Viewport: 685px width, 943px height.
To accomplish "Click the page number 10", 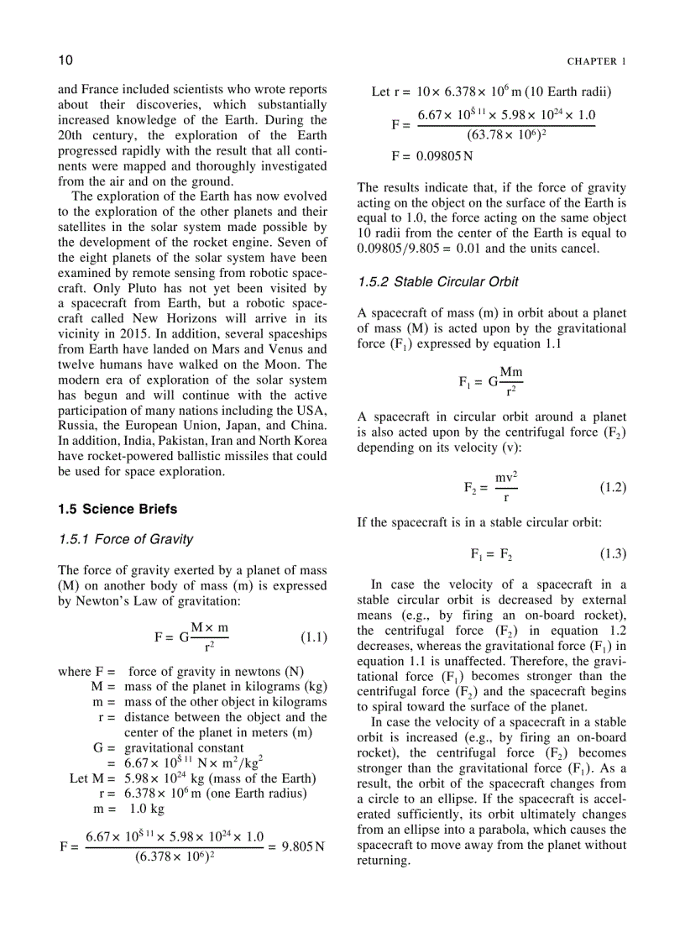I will click(x=66, y=60).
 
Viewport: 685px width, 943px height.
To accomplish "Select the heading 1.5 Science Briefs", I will click(x=118, y=509).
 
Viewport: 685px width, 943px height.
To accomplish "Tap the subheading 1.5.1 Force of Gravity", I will click(x=126, y=539).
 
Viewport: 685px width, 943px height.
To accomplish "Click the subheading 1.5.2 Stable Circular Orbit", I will click(x=437, y=281).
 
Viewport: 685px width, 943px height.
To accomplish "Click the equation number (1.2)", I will click(x=613, y=487).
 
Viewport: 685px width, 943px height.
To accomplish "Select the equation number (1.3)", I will click(x=613, y=554).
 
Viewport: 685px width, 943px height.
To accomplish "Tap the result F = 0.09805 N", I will click(x=431, y=156).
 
